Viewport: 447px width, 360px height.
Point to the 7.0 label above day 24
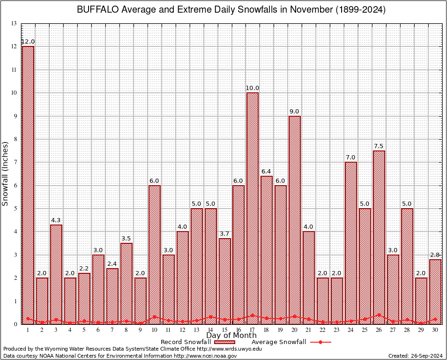(350, 157)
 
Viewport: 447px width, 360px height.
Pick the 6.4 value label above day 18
(267, 172)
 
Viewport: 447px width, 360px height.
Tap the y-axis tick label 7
(15, 162)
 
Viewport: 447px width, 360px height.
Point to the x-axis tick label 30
(435, 330)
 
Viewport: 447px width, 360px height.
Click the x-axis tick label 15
(224, 330)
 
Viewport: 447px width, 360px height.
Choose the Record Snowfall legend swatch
(223, 342)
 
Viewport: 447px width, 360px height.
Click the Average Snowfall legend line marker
(320, 342)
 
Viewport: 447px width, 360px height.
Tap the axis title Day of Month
(231, 336)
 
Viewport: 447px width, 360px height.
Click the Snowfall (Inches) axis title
(6, 173)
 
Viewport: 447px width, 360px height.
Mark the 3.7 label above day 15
(224, 234)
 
